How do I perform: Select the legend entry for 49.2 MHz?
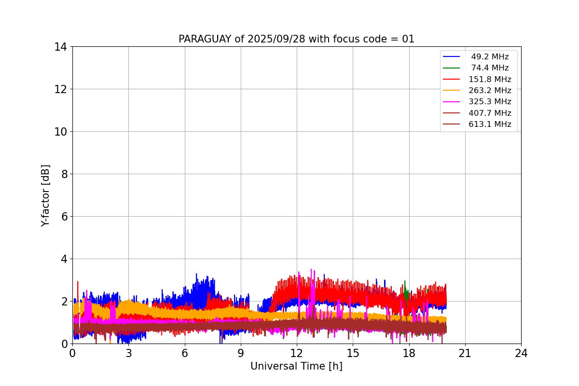click(x=490, y=57)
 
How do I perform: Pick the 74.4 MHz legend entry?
click(x=490, y=68)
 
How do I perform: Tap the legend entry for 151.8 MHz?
click(x=490, y=79)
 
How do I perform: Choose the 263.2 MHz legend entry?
click(x=490, y=91)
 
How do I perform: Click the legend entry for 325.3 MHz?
click(x=490, y=102)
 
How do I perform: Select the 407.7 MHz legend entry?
click(x=490, y=113)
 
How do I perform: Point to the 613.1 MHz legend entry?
click(x=490, y=124)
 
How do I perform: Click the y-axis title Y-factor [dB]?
click(x=45, y=195)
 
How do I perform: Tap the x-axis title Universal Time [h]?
click(x=296, y=366)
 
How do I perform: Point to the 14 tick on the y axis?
click(x=60, y=47)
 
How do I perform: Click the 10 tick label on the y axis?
click(x=60, y=132)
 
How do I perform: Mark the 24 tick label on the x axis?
click(x=521, y=353)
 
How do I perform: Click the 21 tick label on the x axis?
click(x=465, y=353)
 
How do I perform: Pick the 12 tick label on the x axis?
click(x=297, y=353)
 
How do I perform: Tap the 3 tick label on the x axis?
click(x=128, y=353)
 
